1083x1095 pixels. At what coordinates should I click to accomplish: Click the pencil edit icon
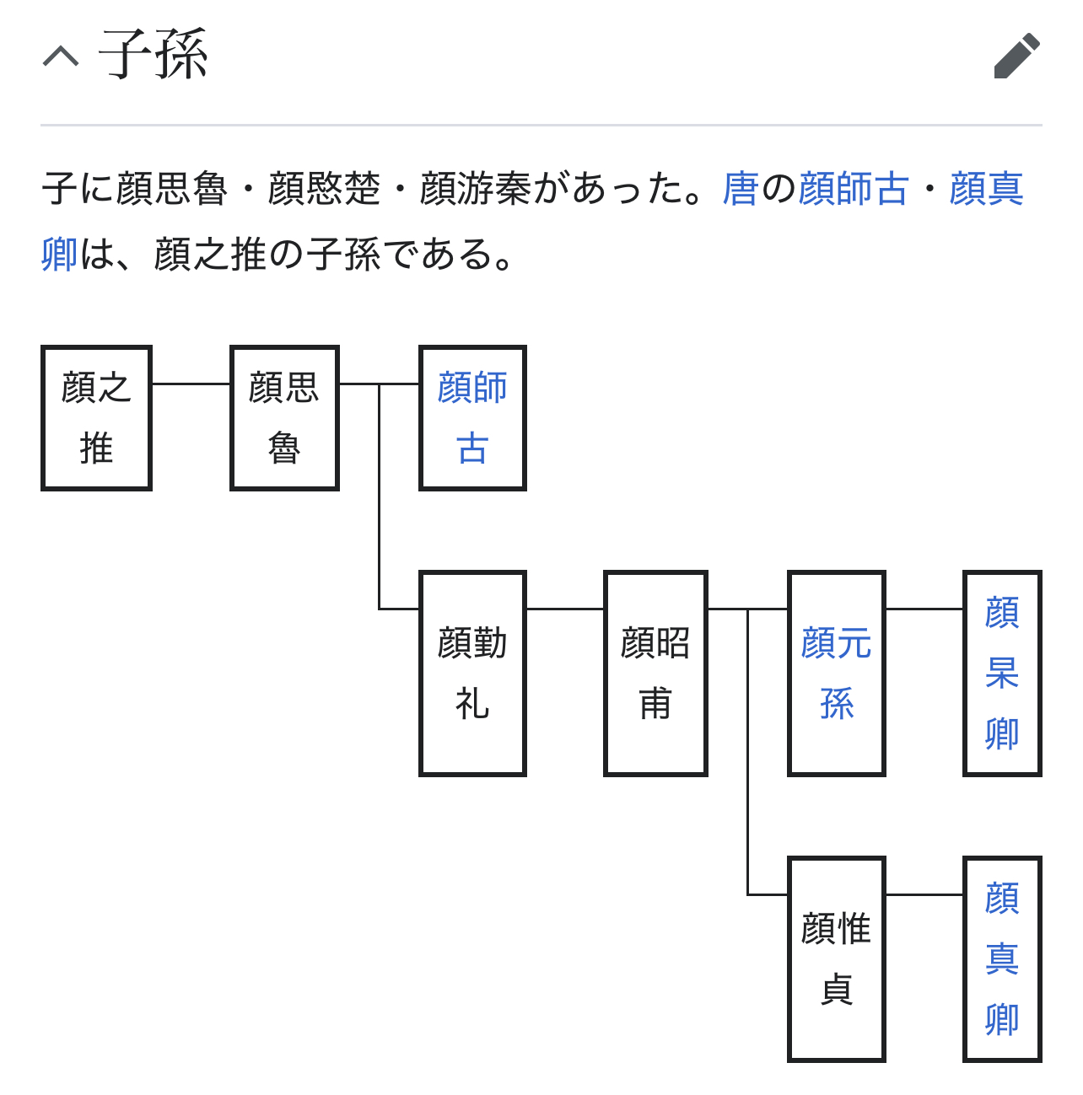click(x=1016, y=56)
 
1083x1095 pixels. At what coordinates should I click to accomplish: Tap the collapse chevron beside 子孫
click(x=61, y=56)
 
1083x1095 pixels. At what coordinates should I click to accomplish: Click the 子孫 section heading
click(x=154, y=55)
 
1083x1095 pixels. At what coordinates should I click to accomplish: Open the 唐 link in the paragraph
click(x=741, y=189)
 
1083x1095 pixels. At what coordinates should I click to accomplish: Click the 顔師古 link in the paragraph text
click(x=854, y=189)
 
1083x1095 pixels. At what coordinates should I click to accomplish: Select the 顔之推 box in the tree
click(x=96, y=418)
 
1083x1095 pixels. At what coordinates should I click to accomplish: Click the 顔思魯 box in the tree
click(x=284, y=418)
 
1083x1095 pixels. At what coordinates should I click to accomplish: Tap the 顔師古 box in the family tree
click(x=472, y=418)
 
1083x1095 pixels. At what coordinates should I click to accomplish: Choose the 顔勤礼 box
click(x=472, y=674)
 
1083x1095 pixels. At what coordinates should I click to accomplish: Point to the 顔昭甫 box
click(x=655, y=674)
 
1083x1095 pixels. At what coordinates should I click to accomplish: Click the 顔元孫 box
click(x=836, y=674)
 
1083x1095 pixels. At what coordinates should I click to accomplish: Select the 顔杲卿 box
click(x=1002, y=674)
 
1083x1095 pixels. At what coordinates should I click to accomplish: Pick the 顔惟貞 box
click(x=836, y=958)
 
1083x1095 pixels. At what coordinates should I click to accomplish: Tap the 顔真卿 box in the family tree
click(x=1002, y=958)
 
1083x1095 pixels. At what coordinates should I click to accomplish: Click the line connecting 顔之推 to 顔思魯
click(x=191, y=384)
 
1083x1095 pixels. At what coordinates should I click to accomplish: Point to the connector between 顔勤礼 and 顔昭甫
click(x=565, y=609)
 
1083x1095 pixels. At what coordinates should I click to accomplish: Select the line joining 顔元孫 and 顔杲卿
click(x=924, y=609)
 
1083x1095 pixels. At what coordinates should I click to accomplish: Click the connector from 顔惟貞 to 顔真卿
click(x=924, y=894)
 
